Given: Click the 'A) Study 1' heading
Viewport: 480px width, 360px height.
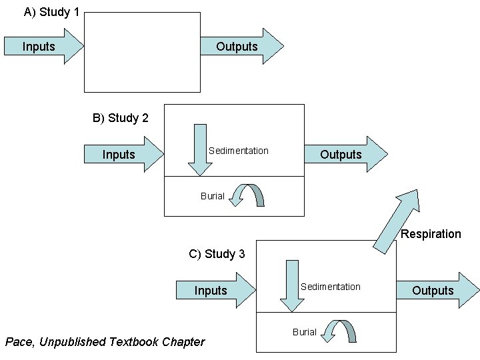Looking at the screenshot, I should click(x=51, y=12).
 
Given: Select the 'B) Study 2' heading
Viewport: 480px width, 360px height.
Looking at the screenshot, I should click(x=120, y=118).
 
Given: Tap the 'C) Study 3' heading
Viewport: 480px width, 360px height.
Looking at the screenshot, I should click(x=217, y=254).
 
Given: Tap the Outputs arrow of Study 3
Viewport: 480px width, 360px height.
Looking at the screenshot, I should click(x=437, y=291).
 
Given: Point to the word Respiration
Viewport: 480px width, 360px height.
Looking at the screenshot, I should click(x=431, y=234).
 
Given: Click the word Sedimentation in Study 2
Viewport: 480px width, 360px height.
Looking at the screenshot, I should click(x=238, y=151).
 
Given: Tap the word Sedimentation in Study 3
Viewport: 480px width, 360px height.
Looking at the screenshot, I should click(x=330, y=287).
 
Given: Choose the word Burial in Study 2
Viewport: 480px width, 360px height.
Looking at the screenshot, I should click(x=213, y=196).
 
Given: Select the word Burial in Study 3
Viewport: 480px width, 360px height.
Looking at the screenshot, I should click(x=304, y=332).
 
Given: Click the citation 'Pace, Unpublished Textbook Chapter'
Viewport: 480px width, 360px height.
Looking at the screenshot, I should click(x=105, y=342).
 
